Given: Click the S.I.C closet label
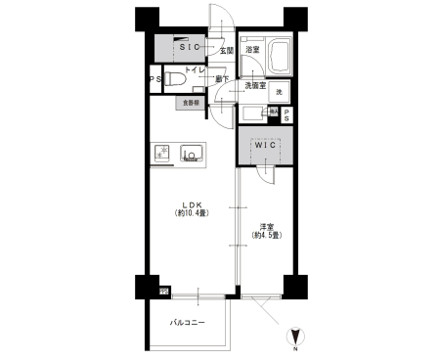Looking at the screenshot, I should click(x=189, y=46).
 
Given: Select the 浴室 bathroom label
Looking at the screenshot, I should click(x=252, y=49).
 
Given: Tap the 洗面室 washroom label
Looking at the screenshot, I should click(x=255, y=85).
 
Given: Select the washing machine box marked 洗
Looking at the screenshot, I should click(x=279, y=92).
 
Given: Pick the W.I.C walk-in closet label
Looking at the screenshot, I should click(x=266, y=147).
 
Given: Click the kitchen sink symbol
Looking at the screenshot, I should click(x=192, y=153).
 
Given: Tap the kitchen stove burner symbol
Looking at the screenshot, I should click(x=163, y=152).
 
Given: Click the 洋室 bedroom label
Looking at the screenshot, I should click(x=265, y=226).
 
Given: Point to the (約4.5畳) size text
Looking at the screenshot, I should click(x=265, y=236).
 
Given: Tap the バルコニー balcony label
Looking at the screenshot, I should click(x=187, y=321).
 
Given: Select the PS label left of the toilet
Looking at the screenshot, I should click(x=154, y=80).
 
